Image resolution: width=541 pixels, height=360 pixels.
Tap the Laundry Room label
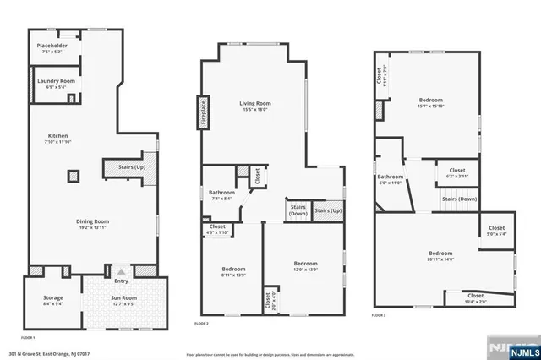pos(56,83)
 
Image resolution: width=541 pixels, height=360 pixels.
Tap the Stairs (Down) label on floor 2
pos(298,210)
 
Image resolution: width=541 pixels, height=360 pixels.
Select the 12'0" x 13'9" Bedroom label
pos(304,265)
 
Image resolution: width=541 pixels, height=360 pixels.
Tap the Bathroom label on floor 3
pos(390,179)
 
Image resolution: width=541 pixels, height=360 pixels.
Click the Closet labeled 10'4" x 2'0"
pos(476,297)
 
